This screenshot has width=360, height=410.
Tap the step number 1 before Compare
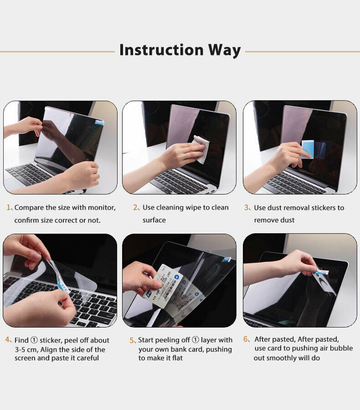pyautogui.click(x=9, y=208)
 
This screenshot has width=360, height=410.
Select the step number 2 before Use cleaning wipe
pyautogui.click(x=135, y=208)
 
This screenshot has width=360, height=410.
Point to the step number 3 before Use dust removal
pyautogui.click(x=247, y=208)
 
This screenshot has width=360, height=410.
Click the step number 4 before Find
pyautogui.click(x=8, y=340)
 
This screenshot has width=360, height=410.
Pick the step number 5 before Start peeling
pyautogui.click(x=132, y=340)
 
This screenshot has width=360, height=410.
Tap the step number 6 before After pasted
pyautogui.click(x=246, y=339)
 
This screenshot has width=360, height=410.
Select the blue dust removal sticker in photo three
pyautogui.click(x=308, y=149)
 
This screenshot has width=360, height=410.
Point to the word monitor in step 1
pyautogui.click(x=102, y=208)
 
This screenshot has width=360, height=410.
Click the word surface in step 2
pyautogui.click(x=154, y=220)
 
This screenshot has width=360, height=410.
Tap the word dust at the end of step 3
pyautogui.click(x=287, y=220)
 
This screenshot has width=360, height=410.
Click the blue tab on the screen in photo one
pyautogui.click(x=99, y=122)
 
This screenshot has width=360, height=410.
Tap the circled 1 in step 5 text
pyautogui.click(x=195, y=340)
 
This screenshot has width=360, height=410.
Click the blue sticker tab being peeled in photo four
pyautogui.click(x=62, y=285)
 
